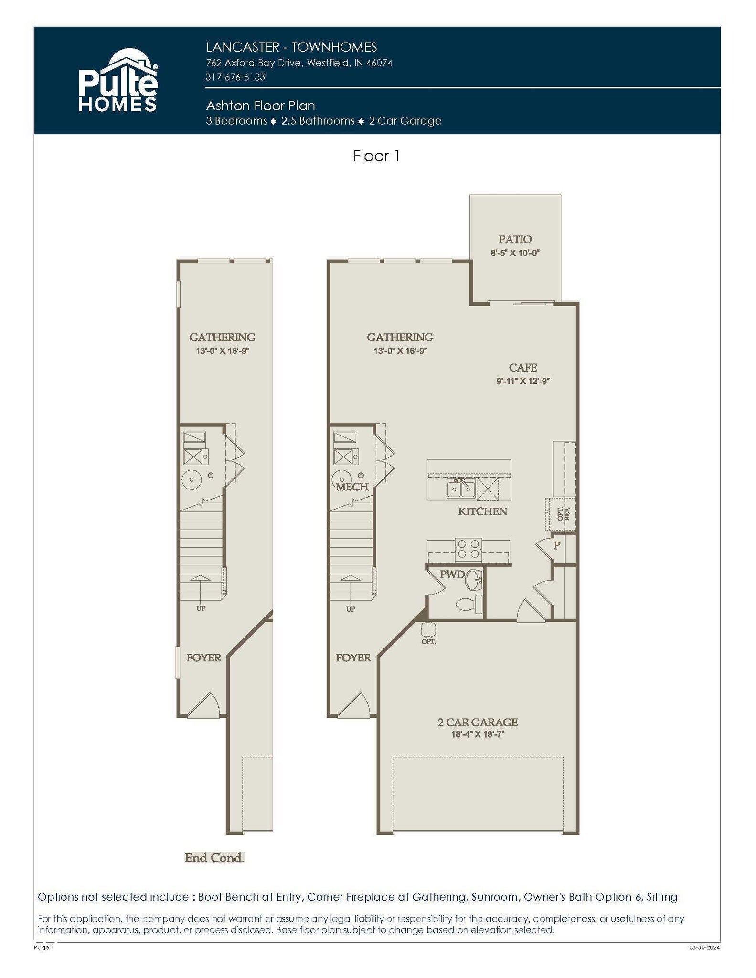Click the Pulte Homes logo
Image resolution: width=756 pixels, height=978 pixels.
(118, 80)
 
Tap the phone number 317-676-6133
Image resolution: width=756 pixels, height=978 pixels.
(235, 77)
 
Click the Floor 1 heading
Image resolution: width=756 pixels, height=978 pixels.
(376, 156)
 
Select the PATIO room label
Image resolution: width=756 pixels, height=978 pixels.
(515, 239)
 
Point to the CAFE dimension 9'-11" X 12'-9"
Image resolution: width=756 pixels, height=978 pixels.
(523, 381)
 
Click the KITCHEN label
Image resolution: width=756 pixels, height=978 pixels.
(482, 511)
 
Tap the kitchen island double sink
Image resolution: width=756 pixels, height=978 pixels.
(461, 489)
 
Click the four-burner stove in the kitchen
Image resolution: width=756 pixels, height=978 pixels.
(468, 549)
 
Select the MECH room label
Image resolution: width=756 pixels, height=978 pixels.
(352, 487)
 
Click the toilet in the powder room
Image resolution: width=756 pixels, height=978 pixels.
(469, 605)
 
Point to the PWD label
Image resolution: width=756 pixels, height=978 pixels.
(452, 574)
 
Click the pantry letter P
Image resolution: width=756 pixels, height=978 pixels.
(556, 545)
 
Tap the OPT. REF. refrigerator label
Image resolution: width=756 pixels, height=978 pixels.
(564, 514)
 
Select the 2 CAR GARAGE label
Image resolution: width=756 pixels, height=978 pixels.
(478, 722)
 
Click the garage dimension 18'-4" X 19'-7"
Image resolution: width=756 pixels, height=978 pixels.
(478, 734)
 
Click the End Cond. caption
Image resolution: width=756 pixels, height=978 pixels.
(214, 858)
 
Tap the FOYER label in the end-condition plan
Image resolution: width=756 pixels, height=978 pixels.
(203, 658)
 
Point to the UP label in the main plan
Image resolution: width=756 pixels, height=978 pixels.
(351, 609)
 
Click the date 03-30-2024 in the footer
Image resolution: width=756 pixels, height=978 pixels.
(705, 948)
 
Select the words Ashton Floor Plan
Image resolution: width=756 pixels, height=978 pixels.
(260, 106)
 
